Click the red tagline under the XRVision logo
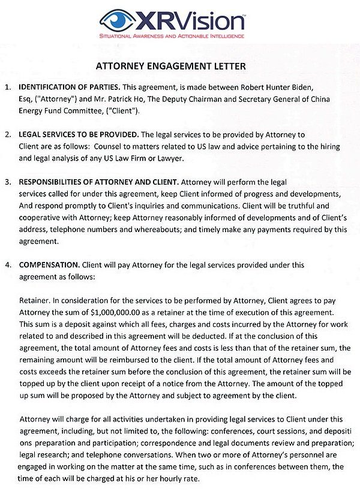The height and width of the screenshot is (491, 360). click(173, 36)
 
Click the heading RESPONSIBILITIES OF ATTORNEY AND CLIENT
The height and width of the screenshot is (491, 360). click(98, 182)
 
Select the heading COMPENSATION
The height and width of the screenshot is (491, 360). click(47, 264)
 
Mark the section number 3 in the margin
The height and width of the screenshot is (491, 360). click(7, 182)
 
